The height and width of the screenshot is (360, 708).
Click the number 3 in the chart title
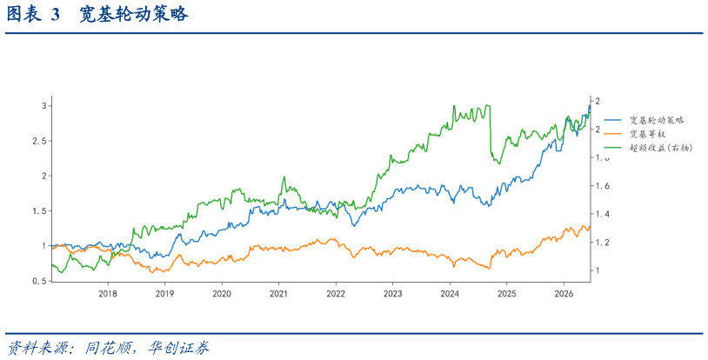click(x=55, y=15)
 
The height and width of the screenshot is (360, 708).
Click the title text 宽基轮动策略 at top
click(x=134, y=15)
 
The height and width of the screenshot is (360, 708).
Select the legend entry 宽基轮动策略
click(x=657, y=120)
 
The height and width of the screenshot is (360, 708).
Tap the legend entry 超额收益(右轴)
click(x=661, y=148)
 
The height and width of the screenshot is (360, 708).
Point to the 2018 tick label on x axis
click(x=108, y=294)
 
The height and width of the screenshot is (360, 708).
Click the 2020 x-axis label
click(x=222, y=294)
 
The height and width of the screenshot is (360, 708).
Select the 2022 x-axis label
click(x=336, y=294)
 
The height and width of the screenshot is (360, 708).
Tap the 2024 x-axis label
click(x=450, y=294)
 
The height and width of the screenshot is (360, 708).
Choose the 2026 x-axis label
click(x=564, y=294)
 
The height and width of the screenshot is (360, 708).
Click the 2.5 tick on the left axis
click(x=40, y=141)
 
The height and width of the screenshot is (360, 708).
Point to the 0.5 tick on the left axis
click(x=40, y=281)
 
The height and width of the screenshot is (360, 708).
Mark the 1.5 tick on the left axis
click(x=40, y=211)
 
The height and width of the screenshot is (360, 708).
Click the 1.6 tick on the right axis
click(x=602, y=185)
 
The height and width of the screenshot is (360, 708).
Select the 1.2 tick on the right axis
click(x=602, y=242)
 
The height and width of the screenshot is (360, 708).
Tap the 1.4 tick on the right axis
click(x=602, y=214)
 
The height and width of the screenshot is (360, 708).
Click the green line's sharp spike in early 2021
click(x=284, y=177)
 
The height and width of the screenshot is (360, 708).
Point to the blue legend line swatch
click(x=613, y=120)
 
